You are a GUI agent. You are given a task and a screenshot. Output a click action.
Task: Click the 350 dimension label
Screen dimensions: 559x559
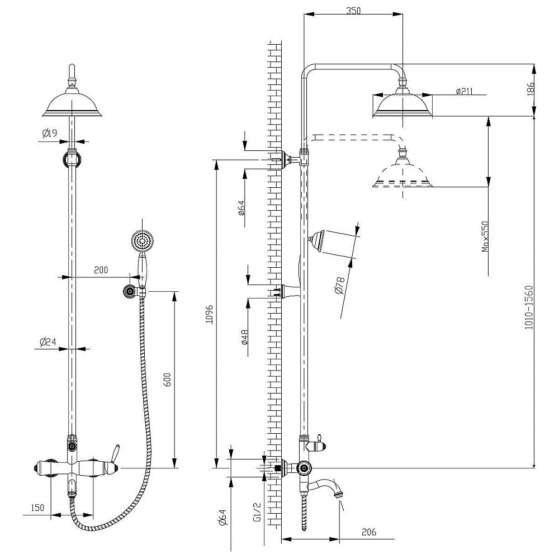click(x=353, y=10)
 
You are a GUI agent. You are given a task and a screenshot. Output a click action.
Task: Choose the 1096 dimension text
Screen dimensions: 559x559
click(x=209, y=314)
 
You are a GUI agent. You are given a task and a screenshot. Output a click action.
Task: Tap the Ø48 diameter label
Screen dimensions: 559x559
click(x=245, y=338)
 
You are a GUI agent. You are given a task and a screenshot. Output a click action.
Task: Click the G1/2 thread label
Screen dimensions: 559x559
click(x=257, y=511)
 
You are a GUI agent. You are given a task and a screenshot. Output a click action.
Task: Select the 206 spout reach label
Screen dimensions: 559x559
click(x=368, y=532)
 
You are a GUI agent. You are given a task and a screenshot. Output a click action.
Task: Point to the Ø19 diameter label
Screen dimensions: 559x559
click(x=50, y=133)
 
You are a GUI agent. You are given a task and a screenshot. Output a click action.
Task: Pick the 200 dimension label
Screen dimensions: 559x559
click(x=101, y=271)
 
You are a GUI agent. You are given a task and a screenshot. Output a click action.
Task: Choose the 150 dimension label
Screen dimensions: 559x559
click(x=37, y=507)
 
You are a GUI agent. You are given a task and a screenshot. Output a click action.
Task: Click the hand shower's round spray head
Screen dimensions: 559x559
click(x=141, y=241)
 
